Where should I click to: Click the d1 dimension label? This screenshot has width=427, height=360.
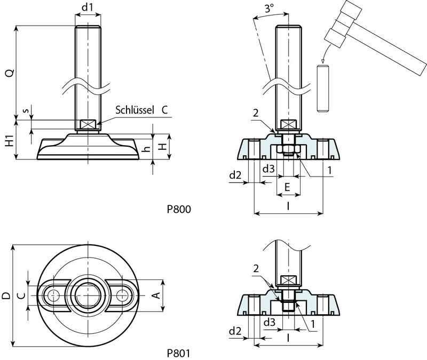[87, 8]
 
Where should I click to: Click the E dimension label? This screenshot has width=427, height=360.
[288, 187]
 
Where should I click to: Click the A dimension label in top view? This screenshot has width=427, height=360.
[157, 295]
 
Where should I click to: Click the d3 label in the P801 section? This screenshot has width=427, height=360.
[269, 322]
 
